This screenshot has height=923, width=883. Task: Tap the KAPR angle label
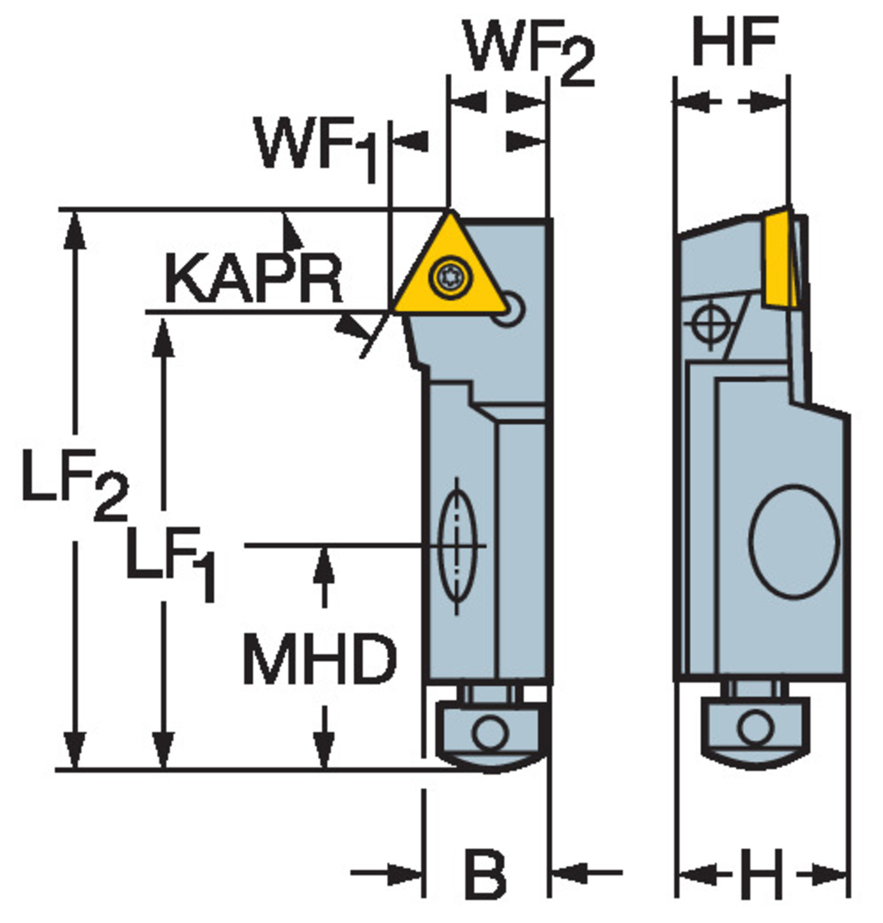coord(253,280)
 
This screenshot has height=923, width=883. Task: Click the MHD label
coord(320,660)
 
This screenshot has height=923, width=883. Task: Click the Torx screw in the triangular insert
coord(450,278)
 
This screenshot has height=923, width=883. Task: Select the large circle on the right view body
coord(794,541)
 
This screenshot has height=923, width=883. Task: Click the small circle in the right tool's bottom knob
coord(756,728)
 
